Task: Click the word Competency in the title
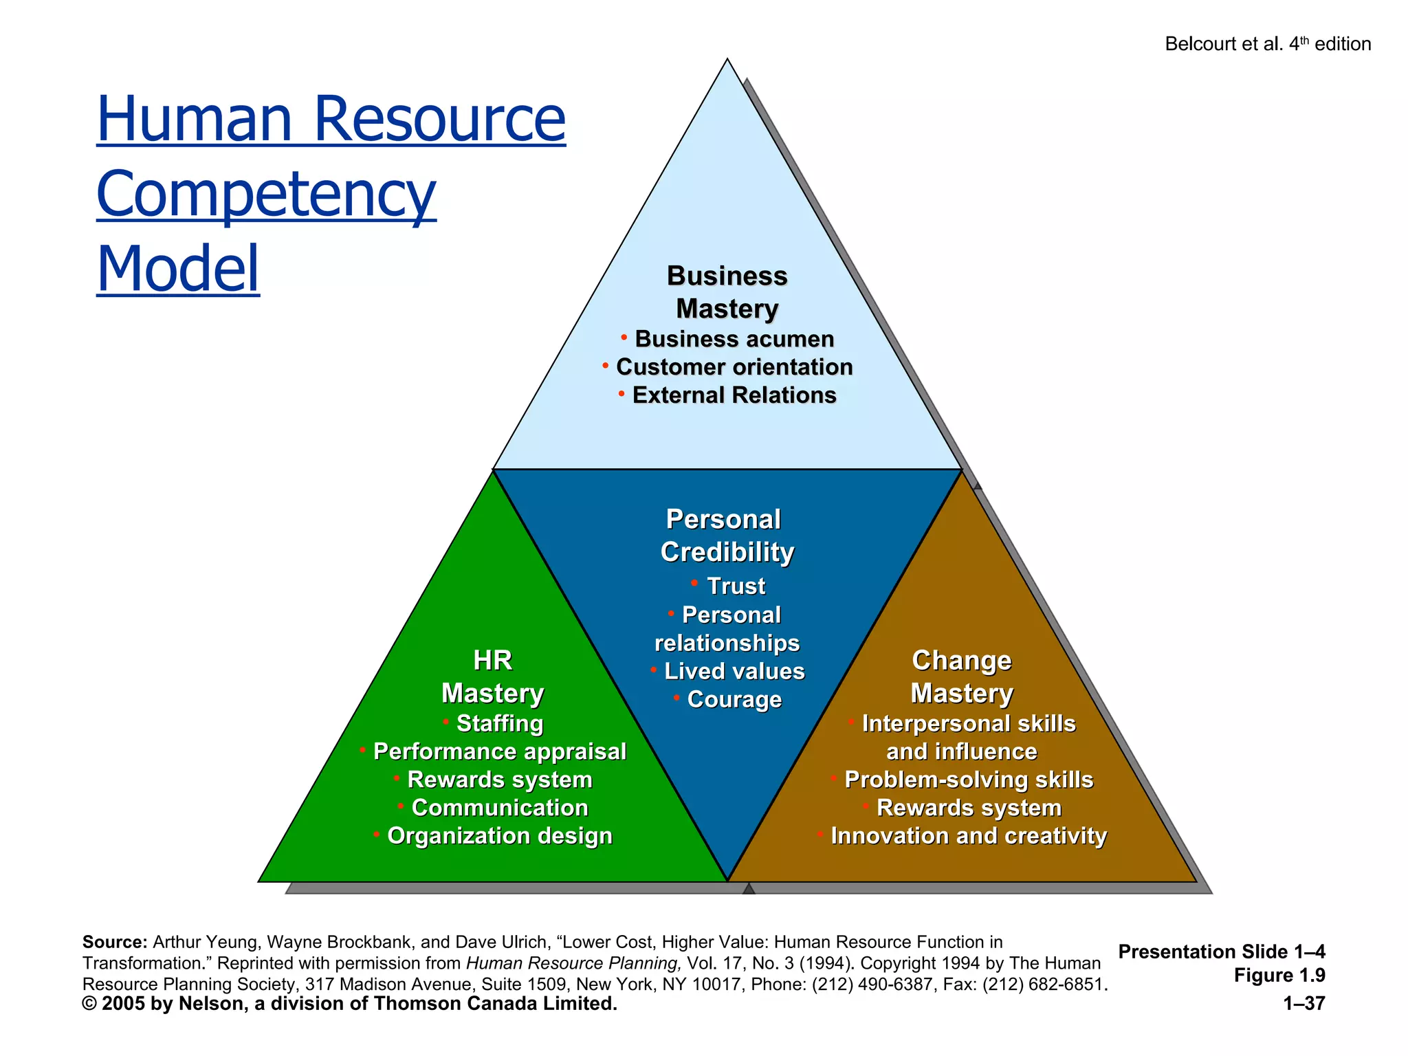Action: click(x=266, y=194)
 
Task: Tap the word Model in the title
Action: click(x=178, y=269)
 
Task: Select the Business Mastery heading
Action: click(x=727, y=292)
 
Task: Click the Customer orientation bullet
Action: click(x=734, y=367)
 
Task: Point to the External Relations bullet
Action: click(x=734, y=395)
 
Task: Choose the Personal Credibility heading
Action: click(x=726, y=536)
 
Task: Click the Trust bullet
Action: click(x=735, y=586)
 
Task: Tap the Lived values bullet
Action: click(x=734, y=671)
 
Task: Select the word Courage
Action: click(x=734, y=699)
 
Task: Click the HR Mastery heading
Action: click(x=492, y=676)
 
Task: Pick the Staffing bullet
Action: click(x=499, y=723)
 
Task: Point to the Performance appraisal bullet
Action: click(x=499, y=751)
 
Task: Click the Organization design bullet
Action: click(x=499, y=836)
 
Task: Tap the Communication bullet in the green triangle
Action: click(x=499, y=808)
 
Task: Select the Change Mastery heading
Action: click(x=961, y=676)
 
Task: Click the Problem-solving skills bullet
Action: click(x=968, y=780)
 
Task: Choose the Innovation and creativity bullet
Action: click(x=968, y=836)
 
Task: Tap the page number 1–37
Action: click(x=1303, y=1004)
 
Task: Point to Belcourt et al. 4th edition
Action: click(x=1267, y=44)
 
